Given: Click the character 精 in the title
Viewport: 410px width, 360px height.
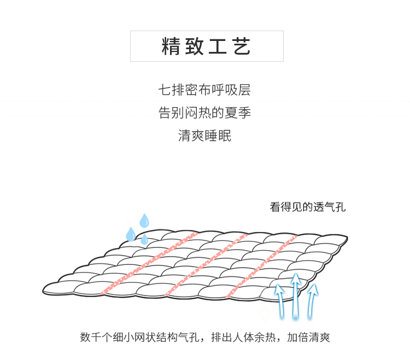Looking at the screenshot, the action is coord(171,46).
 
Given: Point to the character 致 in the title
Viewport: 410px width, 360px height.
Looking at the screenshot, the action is coord(195,46).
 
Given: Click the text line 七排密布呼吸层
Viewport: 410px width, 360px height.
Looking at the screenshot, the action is coord(205,90).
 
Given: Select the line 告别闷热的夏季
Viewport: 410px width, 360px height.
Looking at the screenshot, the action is coord(205,113).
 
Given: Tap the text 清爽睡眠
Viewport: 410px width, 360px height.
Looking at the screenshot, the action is coord(205,135).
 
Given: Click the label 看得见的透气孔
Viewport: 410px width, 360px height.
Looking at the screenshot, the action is coord(308,208).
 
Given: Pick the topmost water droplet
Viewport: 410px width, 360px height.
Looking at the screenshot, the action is coord(144,220).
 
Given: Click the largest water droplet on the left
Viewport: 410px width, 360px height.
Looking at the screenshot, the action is coord(131,234).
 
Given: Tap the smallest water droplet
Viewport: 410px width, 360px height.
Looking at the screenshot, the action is coord(144,239).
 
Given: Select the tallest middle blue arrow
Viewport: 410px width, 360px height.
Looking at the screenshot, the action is coord(296,295).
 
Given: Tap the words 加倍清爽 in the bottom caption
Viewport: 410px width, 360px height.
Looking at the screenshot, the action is coord(309,337).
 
